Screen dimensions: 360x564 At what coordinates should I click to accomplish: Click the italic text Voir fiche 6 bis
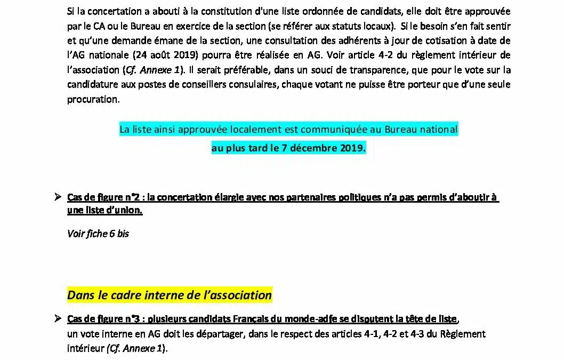[x=98, y=233]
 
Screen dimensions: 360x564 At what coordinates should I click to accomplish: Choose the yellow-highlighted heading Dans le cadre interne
[x=170, y=295]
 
